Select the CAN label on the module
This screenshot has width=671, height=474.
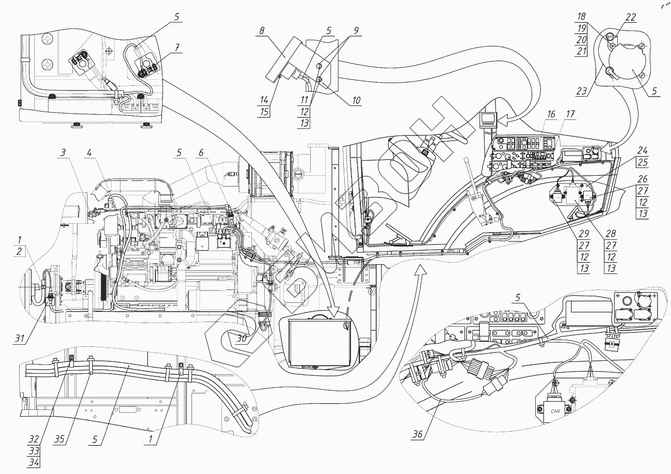pyautogui.click(x=555, y=411)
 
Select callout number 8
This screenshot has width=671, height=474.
pyautogui.click(x=262, y=31)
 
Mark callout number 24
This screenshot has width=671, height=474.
pyautogui.click(x=642, y=150)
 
